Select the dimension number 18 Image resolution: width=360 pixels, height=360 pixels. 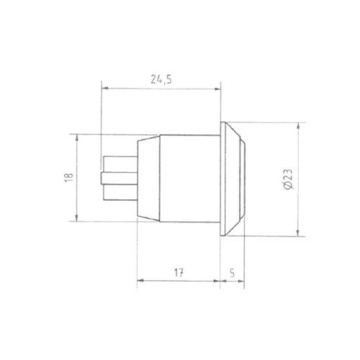(67, 177)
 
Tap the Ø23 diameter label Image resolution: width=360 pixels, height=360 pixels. (287, 179)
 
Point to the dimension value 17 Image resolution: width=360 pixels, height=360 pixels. (178, 273)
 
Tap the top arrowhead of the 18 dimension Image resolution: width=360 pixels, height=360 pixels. (76, 137)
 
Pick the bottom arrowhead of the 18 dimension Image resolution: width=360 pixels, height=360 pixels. (76, 219)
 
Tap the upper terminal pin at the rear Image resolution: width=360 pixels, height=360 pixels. (120, 161)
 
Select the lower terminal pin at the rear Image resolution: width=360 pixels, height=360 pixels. (120, 194)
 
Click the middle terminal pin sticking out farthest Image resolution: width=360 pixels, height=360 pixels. (115, 177)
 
